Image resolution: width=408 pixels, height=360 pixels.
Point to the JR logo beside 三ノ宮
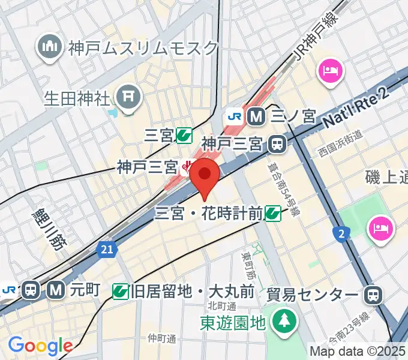234,116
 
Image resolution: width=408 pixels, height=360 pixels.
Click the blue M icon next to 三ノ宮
257,116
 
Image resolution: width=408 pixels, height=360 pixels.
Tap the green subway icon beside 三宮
184,136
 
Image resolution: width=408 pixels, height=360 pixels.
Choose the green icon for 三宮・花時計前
274,212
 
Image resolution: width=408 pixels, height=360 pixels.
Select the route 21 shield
106,248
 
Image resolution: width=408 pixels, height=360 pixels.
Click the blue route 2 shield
341,233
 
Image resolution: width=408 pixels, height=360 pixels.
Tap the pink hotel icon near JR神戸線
329,72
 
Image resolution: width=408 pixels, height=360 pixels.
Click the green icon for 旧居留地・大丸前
121,292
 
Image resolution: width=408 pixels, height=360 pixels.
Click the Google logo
40,346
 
